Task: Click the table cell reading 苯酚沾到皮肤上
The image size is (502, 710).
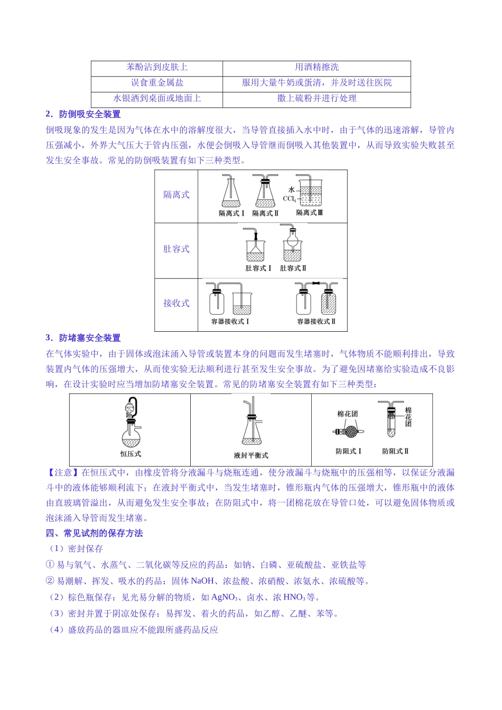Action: (157, 67)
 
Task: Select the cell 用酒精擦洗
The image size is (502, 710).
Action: (317, 67)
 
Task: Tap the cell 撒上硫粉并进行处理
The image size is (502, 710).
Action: (317, 98)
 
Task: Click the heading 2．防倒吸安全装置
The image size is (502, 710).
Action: (83, 114)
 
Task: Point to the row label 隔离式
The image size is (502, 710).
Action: (176, 195)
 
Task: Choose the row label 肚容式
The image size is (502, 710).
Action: (176, 249)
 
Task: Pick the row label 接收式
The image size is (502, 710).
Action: (176, 303)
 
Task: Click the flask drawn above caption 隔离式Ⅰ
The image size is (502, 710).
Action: (231, 193)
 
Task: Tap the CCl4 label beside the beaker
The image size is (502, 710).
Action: (289, 199)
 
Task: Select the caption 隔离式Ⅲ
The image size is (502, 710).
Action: (309, 213)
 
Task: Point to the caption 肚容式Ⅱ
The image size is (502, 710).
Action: (293, 268)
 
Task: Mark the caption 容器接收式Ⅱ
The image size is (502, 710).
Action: (316, 321)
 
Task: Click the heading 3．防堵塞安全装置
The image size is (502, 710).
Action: (83, 338)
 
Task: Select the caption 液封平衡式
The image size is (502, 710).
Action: (251, 455)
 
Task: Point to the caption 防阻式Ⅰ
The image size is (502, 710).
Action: (348, 451)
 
